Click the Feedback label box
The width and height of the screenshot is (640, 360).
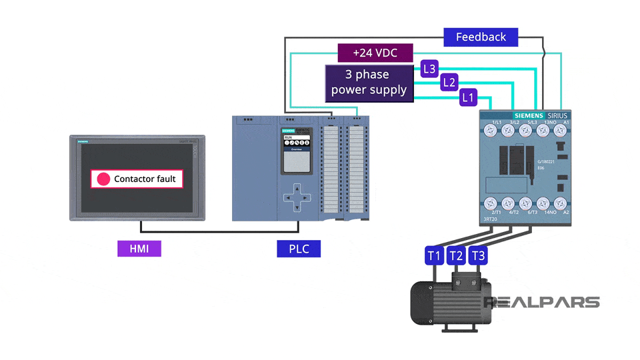481,37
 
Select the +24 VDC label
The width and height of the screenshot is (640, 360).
375,53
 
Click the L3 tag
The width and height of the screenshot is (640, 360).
430,68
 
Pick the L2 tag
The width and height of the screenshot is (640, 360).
449,83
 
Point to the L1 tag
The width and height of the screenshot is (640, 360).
469,98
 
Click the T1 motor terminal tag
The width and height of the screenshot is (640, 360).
434,255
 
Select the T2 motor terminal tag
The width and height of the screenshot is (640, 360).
456,255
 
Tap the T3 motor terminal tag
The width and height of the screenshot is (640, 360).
478,255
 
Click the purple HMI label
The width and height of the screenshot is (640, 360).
139,249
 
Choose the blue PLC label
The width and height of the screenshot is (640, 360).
298,249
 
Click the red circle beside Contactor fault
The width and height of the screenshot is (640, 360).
103,179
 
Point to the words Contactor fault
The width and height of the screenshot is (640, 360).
145,179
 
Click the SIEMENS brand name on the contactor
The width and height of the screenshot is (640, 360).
529,115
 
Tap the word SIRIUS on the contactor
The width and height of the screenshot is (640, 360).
558,115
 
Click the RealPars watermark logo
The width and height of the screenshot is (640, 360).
541,302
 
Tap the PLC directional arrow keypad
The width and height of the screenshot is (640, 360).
297,198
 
